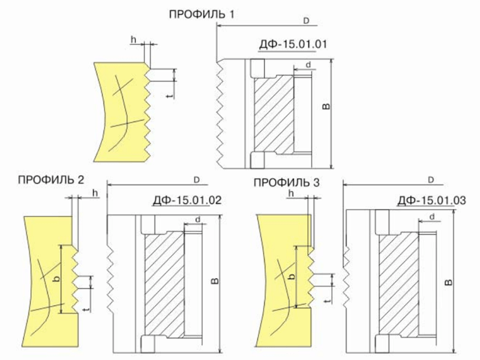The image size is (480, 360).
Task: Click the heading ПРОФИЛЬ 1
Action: [202, 14]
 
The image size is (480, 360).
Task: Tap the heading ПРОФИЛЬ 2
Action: [51, 179]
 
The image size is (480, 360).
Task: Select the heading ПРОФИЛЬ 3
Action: [286, 182]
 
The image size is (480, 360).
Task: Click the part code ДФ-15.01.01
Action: [293, 44]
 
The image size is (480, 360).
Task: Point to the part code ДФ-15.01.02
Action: [187, 200]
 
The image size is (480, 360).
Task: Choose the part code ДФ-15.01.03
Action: [432, 200]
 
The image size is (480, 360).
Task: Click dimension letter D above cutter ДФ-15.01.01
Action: [306, 21]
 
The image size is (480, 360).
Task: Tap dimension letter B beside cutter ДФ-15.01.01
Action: [327, 106]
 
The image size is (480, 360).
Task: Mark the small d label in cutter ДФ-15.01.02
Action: [198, 220]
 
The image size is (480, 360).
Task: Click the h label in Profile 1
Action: [133, 40]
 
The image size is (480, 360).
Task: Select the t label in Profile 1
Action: [171, 96]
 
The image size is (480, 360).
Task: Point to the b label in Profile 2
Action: [56, 279]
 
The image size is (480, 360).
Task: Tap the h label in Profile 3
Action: [291, 193]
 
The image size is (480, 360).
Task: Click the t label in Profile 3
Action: [328, 301]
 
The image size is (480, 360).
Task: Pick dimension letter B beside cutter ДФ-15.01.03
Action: [448, 282]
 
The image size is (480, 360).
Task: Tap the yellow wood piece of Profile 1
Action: [121, 112]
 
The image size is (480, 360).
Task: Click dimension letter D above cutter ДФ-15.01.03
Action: [431, 180]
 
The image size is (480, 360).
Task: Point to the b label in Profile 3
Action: [292, 276]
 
